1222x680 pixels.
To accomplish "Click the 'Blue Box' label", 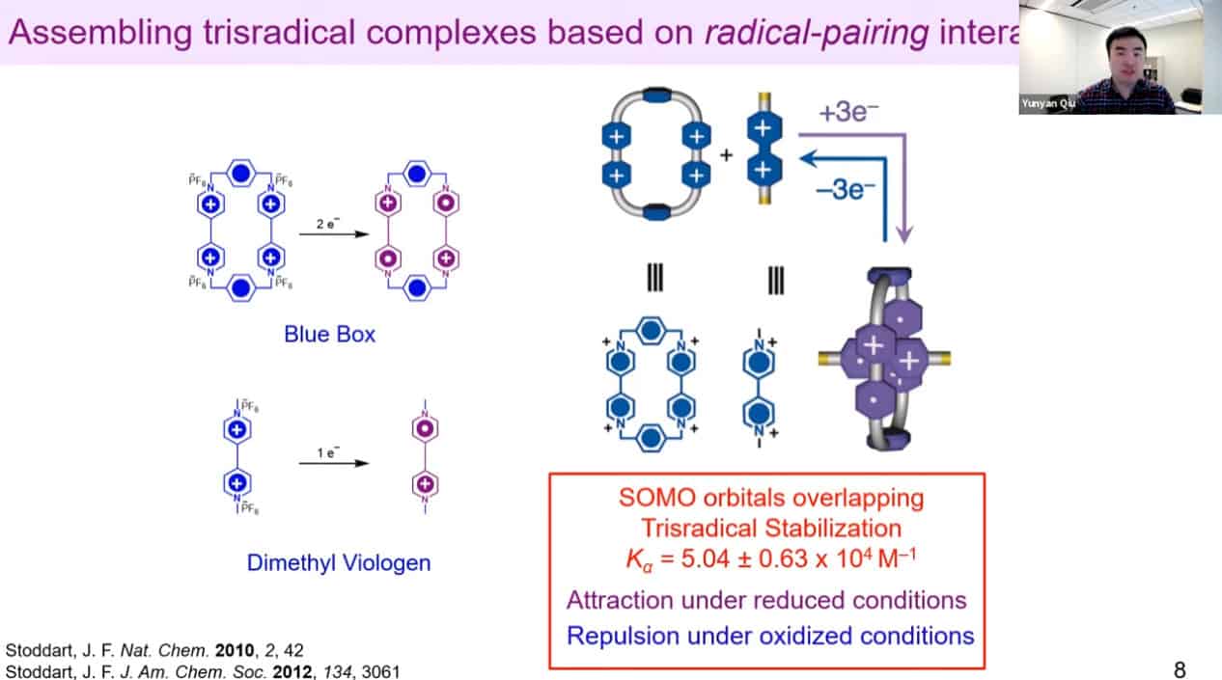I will [329, 336].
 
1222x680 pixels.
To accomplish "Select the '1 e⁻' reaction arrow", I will [334, 463].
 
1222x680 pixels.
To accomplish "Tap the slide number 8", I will [1180, 668].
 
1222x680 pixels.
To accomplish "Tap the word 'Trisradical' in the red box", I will [691, 529].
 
